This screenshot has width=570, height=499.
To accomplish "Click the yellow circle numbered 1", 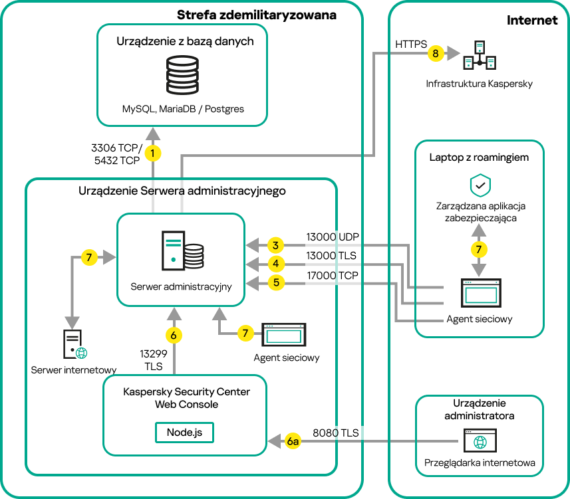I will (154, 153).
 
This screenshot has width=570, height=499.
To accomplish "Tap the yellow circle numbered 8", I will (436, 53).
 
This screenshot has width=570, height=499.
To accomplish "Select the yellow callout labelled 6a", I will (293, 441).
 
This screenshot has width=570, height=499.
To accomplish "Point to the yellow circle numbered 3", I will (275, 245).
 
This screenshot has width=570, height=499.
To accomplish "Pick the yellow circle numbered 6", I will (174, 336).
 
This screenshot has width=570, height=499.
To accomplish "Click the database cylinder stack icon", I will (182, 74).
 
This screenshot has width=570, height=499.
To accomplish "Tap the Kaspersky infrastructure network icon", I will (480, 55).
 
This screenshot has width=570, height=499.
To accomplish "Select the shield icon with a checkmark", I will (480, 185).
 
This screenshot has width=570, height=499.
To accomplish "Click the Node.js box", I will (184, 431).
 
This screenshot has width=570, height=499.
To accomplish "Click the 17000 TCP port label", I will (333, 275).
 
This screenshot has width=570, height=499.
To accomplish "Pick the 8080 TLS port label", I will (335, 433).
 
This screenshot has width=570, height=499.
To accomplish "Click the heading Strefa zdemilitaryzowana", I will (256, 15).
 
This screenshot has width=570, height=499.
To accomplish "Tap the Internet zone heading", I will (532, 20).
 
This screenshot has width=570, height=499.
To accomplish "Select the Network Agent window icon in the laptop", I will (481, 291).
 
